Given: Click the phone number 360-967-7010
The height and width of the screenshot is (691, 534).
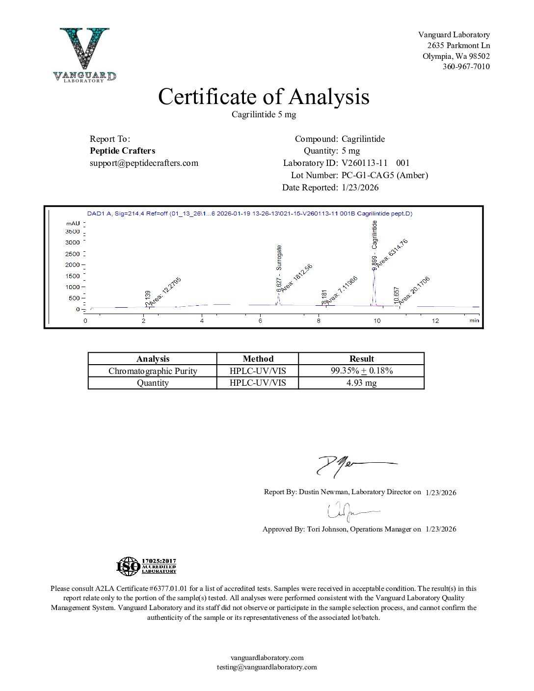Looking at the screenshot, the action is (x=466, y=67).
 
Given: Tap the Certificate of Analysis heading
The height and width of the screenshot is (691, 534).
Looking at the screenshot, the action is (x=264, y=97).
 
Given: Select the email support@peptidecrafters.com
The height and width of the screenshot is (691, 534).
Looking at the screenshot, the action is (x=144, y=163).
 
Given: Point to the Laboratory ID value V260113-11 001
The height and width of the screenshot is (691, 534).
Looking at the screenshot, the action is (x=375, y=163).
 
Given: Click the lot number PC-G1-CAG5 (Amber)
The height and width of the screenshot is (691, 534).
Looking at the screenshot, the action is (x=385, y=175).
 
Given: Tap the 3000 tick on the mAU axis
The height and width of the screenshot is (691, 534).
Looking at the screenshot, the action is (x=73, y=242).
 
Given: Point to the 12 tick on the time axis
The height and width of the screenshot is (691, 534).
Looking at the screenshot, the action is (x=435, y=320).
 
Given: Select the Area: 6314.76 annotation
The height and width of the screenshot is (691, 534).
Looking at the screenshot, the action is (x=392, y=252).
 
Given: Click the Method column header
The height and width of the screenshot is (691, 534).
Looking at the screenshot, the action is (x=258, y=359).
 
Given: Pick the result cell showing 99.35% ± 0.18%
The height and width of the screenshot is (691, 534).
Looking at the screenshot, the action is (x=361, y=371).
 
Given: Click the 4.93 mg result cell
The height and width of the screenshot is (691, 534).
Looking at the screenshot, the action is (x=361, y=383).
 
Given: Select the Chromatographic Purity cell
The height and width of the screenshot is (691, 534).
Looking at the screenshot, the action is (x=153, y=371).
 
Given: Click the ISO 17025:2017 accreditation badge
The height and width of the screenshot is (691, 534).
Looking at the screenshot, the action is (x=146, y=566).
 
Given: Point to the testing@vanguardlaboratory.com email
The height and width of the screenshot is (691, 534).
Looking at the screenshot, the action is (x=267, y=667).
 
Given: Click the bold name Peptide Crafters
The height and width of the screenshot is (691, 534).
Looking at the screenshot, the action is (x=122, y=151).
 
